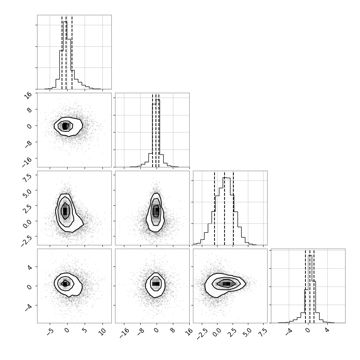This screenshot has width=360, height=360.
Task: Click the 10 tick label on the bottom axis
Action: tap(103, 331)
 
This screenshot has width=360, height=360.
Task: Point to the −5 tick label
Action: tap(50, 332)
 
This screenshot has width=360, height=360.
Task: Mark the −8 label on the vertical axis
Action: tap(27, 144)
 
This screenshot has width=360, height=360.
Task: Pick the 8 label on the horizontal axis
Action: tap(173, 330)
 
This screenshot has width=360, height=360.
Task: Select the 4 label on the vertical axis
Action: tap(29, 267)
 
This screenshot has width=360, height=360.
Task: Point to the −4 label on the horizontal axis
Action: tap(289, 332)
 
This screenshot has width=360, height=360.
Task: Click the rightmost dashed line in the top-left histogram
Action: tap(72, 52)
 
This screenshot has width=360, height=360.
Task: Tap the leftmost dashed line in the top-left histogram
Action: tap(62, 52)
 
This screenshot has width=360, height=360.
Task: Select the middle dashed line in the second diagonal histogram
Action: tap(156, 130)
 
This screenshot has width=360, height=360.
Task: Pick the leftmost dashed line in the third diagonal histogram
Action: tap(215, 208)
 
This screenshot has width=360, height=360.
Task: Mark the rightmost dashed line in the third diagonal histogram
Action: tap(233, 208)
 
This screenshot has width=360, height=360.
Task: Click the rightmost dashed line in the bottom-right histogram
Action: tap(314, 286)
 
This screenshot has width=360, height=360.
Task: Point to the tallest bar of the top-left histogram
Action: tap(65, 55)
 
